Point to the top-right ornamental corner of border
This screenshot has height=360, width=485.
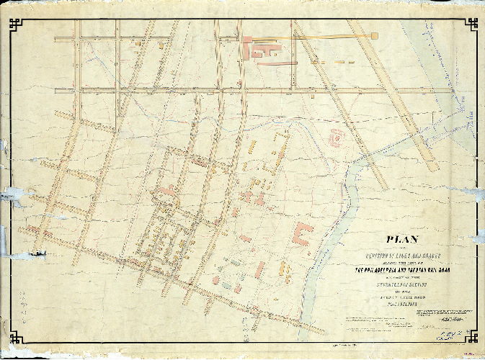tap(471, 23)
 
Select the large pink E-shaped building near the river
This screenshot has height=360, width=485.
tap(302, 235)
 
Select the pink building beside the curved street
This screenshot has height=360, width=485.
tap(166, 191)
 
